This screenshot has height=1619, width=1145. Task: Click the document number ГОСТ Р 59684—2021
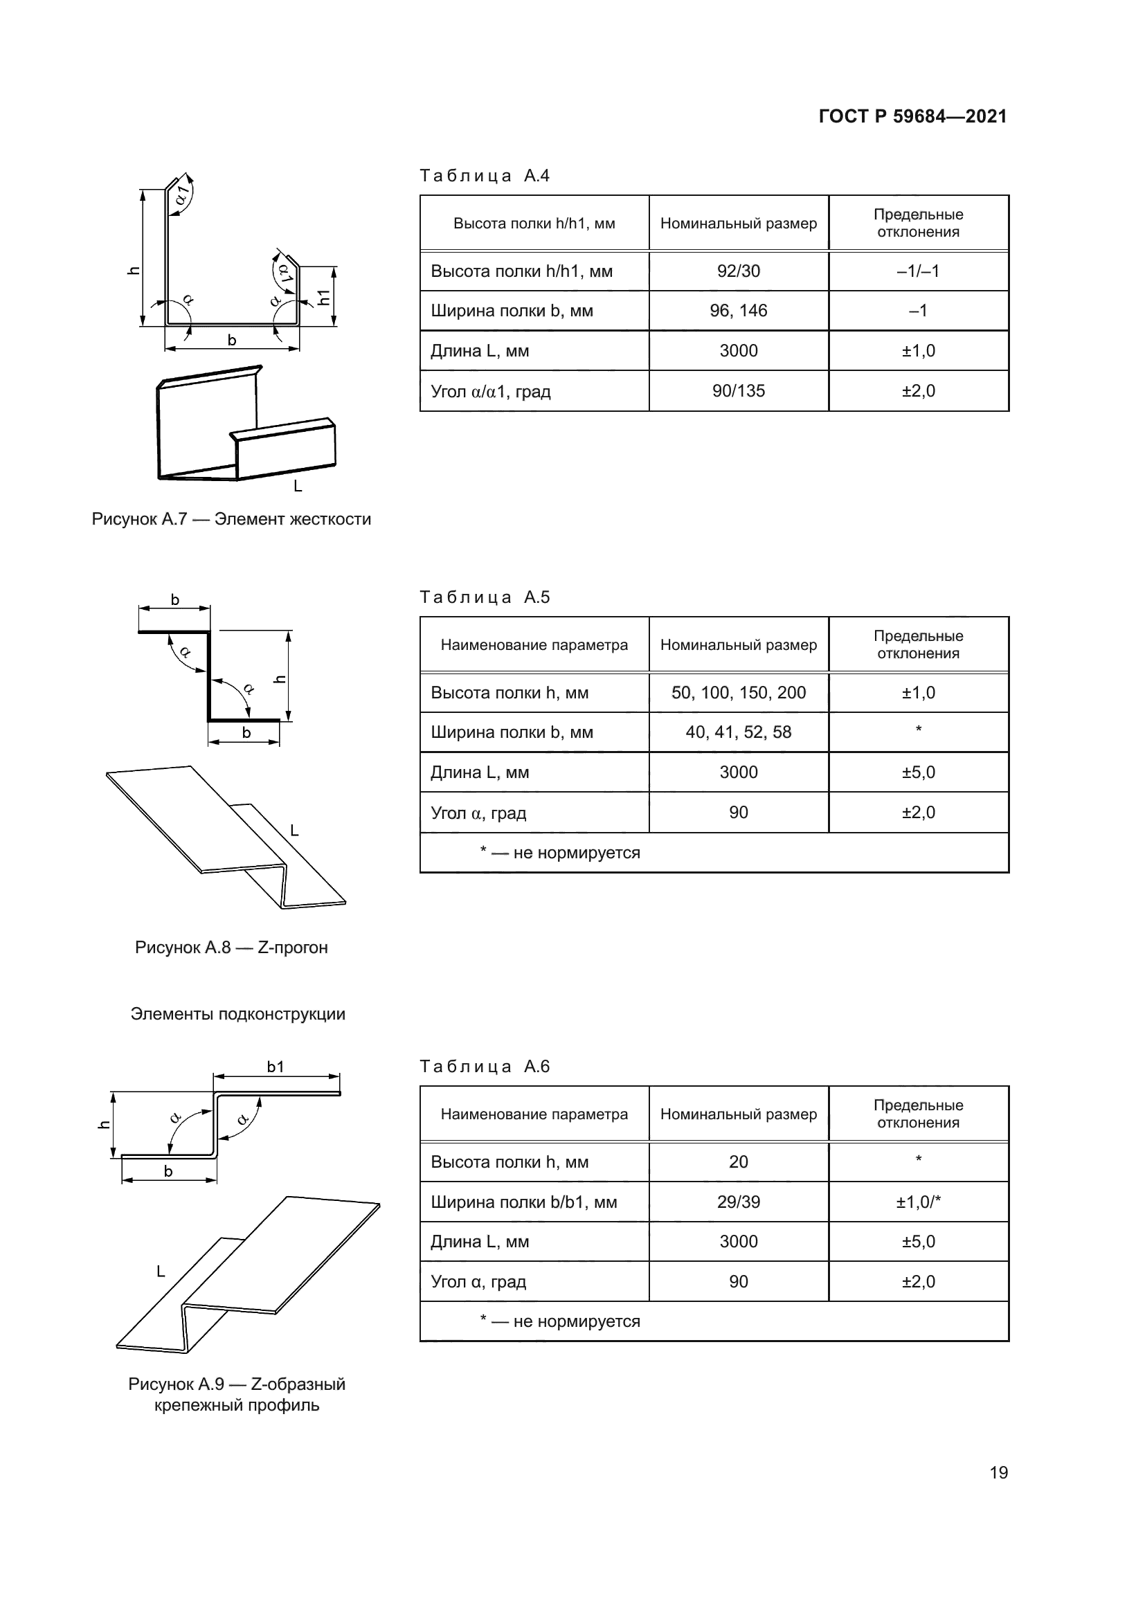(912, 116)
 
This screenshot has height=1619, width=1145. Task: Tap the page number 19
(998, 1472)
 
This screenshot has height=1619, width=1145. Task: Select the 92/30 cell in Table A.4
(738, 271)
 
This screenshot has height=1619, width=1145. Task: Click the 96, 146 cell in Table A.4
(738, 311)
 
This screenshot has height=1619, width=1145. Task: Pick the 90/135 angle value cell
(738, 391)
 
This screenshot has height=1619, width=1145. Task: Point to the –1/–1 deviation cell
(918, 271)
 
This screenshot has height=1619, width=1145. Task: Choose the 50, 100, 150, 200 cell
(738, 692)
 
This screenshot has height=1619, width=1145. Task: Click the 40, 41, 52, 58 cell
(738, 732)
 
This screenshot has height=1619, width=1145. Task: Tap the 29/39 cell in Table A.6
(738, 1202)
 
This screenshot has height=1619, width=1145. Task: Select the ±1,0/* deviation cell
(918, 1202)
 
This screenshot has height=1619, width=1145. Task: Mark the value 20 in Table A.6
(738, 1162)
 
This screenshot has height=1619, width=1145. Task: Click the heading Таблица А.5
(485, 597)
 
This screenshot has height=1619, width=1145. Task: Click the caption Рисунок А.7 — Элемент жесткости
(231, 520)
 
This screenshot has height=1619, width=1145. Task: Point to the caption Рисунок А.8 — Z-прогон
(231, 948)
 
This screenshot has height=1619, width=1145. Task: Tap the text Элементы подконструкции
(237, 1014)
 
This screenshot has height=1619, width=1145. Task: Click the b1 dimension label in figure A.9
(275, 1067)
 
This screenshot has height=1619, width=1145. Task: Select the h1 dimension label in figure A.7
(323, 297)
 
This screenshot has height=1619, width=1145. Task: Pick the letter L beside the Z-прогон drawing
(295, 831)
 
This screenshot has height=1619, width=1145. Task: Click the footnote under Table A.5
(560, 853)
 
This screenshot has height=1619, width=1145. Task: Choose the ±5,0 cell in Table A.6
(918, 1242)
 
